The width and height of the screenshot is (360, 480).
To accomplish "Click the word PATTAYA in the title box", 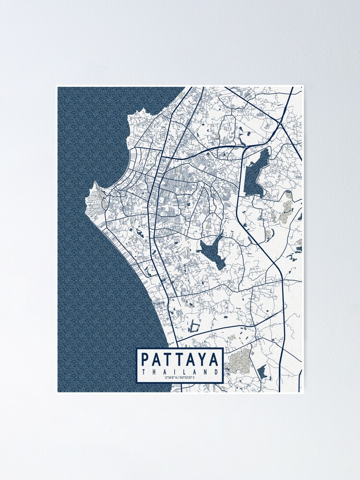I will coord(180,360).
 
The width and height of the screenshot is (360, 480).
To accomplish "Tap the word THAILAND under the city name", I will coord(180,372).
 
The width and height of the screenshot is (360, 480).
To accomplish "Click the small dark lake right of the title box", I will coord(262,371).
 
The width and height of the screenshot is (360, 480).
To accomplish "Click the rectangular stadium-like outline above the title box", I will coord(194,327).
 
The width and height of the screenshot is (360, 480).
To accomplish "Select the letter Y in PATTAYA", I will coord(203,360).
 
